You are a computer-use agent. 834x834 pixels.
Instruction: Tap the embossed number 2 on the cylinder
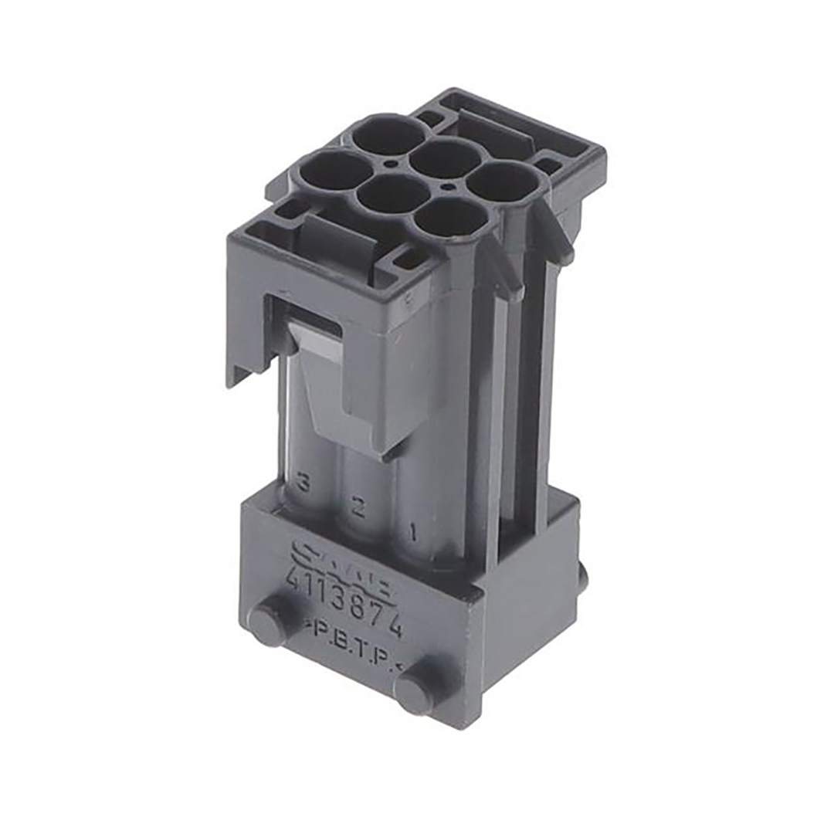[358, 507]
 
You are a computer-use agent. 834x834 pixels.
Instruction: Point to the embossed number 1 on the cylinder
[413, 532]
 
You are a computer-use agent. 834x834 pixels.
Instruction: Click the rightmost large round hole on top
[503, 183]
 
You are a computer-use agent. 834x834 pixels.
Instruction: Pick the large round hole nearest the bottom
[452, 219]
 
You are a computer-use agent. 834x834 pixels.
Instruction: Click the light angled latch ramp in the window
[315, 340]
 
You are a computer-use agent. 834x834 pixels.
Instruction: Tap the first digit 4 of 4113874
[293, 575]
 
